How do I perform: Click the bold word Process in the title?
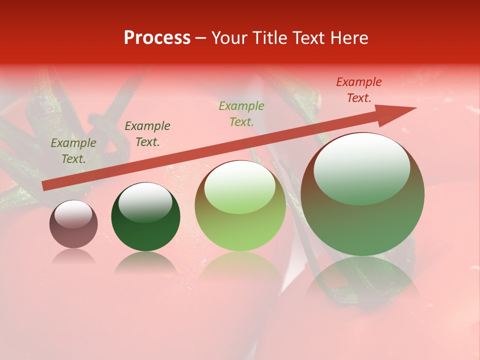(x=157, y=38)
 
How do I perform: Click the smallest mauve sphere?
(x=73, y=224)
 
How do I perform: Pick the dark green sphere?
(x=145, y=216)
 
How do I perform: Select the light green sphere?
(x=240, y=206)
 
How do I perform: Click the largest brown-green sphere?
(x=362, y=194)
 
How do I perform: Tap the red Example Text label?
(x=359, y=90)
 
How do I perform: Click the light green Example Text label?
(x=241, y=114)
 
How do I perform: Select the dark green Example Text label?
(x=147, y=134)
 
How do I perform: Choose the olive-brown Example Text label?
(x=73, y=151)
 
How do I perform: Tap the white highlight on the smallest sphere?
(x=73, y=213)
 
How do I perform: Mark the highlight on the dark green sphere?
(x=145, y=202)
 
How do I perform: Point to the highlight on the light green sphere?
(x=240, y=186)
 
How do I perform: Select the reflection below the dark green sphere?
(x=145, y=262)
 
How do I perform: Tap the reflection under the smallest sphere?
(x=73, y=256)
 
